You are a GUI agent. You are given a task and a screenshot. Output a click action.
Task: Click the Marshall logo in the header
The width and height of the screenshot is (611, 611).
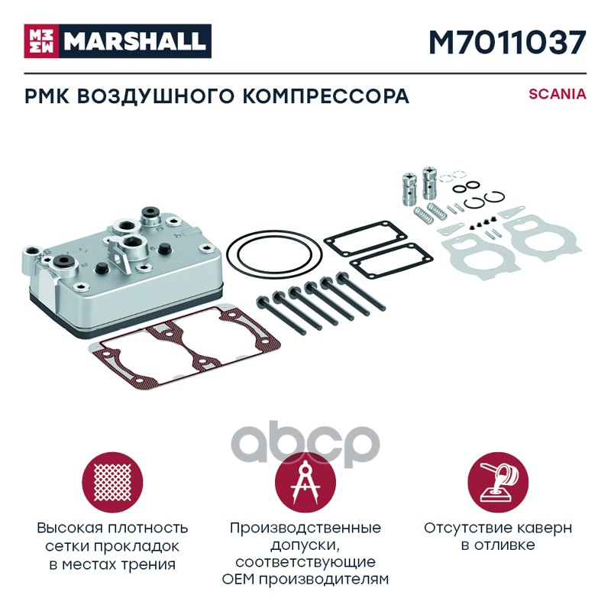(x=118, y=41)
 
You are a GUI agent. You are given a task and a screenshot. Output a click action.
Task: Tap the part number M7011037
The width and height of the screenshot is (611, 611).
(x=507, y=43)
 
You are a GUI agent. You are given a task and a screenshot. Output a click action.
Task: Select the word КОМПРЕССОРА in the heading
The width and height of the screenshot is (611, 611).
(x=326, y=96)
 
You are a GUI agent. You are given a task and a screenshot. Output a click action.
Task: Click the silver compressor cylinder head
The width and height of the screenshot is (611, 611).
(x=123, y=270)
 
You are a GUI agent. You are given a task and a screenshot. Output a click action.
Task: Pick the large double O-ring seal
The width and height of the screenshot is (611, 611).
(x=274, y=254)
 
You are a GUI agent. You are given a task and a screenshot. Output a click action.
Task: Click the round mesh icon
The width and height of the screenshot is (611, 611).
(x=112, y=483)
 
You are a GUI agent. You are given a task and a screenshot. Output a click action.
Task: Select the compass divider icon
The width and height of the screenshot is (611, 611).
(x=305, y=483)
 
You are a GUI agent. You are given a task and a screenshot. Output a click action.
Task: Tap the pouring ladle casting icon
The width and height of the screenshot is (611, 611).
(x=498, y=483)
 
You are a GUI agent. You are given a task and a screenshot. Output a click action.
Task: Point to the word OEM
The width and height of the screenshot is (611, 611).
(x=238, y=580)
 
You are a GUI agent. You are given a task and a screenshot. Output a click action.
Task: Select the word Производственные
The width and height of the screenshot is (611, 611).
(x=305, y=528)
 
